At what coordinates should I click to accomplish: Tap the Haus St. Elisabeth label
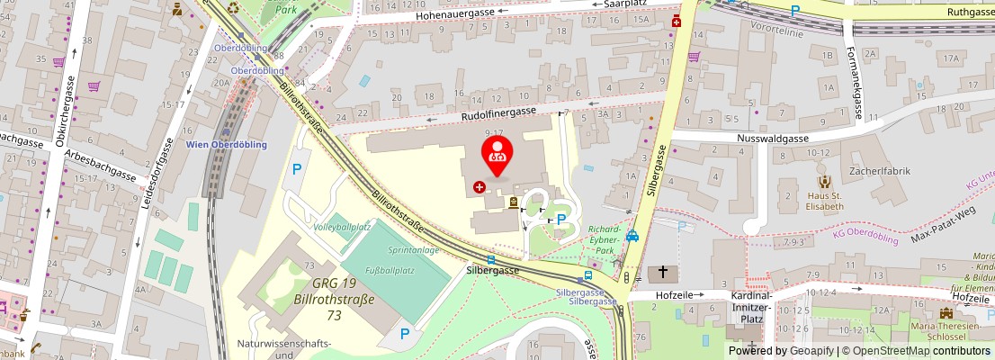point(824,201)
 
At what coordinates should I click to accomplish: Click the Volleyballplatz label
point(342,227)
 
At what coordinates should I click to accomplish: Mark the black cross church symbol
point(663,272)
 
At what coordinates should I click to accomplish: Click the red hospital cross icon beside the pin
point(480,187)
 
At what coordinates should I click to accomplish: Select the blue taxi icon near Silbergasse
point(632,237)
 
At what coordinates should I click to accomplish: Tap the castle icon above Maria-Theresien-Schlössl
point(945,313)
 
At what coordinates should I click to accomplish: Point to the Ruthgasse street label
point(971,12)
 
